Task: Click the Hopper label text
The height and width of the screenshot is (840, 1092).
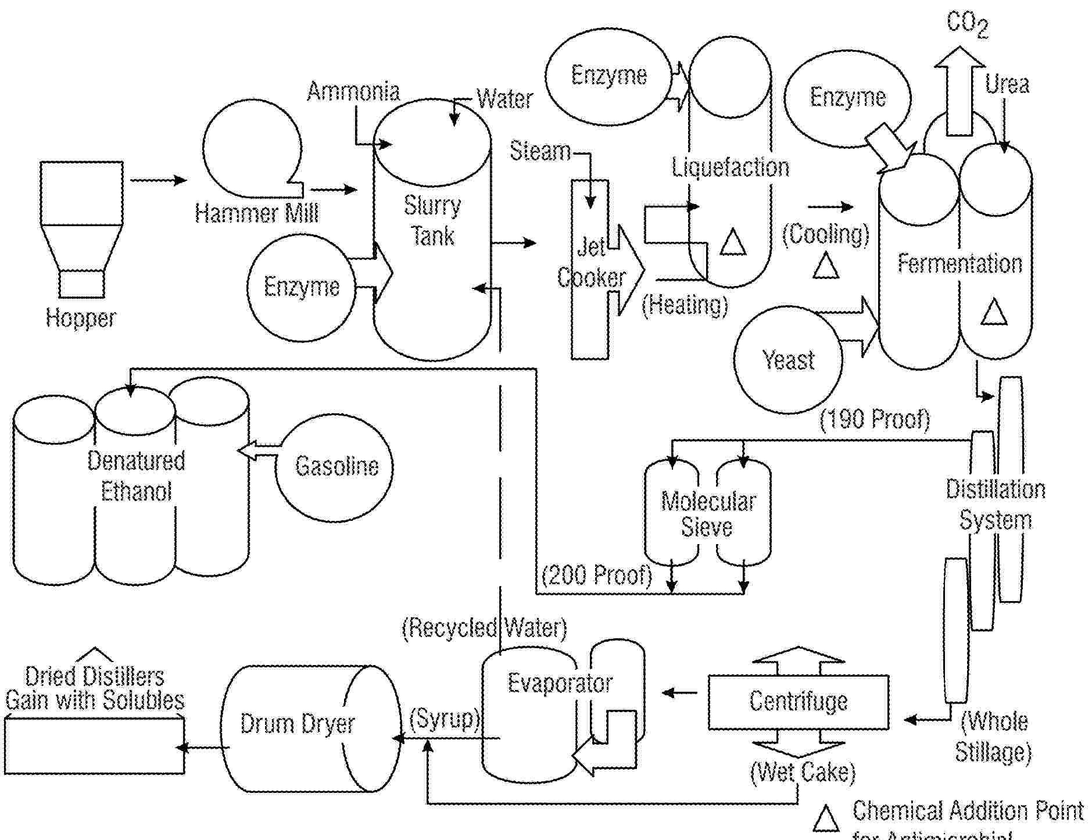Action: pos(81,318)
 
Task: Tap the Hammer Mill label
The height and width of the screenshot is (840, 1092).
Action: pos(256,213)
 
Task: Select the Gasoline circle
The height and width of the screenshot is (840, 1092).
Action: pos(334,467)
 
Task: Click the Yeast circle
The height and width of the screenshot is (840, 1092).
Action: pos(788,360)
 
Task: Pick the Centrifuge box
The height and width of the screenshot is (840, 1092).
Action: pos(799,702)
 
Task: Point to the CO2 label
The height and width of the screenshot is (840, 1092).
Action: pos(966,24)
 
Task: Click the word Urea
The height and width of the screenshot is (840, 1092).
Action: pos(1007,84)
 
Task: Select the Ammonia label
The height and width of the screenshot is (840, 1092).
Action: pos(353,91)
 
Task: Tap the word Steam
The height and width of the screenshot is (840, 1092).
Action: pos(540,151)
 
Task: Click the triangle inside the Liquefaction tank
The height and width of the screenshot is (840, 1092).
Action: pos(732,242)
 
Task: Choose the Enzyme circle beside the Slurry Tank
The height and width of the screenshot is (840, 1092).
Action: pos(301,287)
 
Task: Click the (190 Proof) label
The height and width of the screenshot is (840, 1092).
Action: pos(874,419)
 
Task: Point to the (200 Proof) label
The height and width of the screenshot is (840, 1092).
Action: pos(596,576)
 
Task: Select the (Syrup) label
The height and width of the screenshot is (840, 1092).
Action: pos(445,719)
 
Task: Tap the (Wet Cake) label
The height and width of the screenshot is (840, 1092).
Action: pos(803,772)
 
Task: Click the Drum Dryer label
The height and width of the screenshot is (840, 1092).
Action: pos(297,724)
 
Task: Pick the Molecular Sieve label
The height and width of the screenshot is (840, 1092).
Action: pos(707,514)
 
